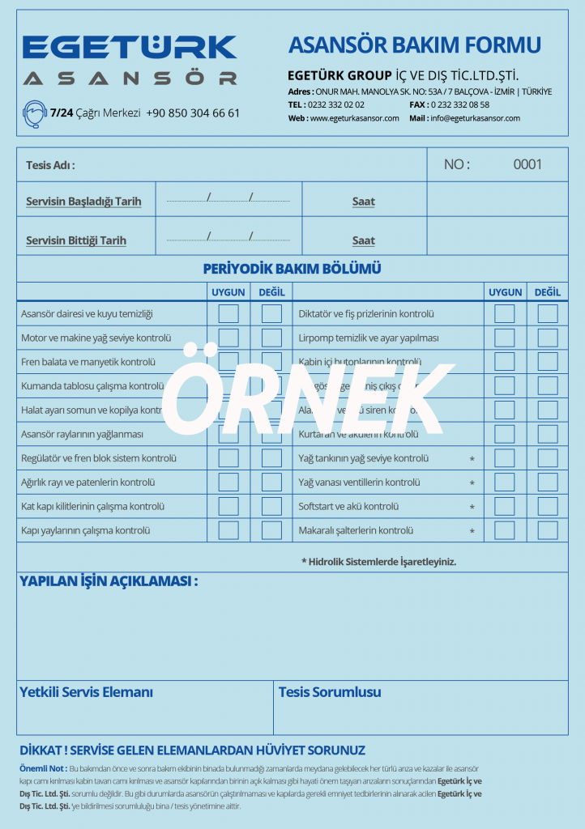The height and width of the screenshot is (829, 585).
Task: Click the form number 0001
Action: pos(527,164)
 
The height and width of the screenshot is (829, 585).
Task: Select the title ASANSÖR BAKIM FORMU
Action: pos(415,45)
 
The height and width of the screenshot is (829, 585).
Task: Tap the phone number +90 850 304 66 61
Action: pos(193,113)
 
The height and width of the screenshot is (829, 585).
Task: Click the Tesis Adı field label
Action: pos(50,165)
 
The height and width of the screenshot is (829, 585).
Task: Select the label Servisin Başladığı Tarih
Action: pos(83,202)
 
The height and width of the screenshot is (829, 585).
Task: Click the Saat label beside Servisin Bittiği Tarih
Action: pos(364,240)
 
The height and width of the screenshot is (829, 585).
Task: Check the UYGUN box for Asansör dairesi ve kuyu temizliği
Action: pos(228,313)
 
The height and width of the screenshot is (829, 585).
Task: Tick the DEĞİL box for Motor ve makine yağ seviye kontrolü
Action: pos(271,338)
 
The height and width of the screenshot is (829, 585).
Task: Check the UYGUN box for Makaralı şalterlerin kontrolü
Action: pos(505,531)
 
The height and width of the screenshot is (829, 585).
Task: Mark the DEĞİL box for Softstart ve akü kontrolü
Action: pos(548,507)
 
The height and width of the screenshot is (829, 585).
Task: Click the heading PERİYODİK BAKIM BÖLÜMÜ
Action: pos(292,269)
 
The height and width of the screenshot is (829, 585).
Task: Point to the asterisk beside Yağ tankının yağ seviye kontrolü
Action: pos(472,459)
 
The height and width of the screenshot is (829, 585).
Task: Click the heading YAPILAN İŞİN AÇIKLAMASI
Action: pos(108,581)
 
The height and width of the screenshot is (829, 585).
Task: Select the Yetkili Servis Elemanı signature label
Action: pos(86,692)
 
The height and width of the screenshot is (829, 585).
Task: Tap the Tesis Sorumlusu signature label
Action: pos(330,692)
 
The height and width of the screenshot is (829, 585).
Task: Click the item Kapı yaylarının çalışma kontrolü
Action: pos(86,531)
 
